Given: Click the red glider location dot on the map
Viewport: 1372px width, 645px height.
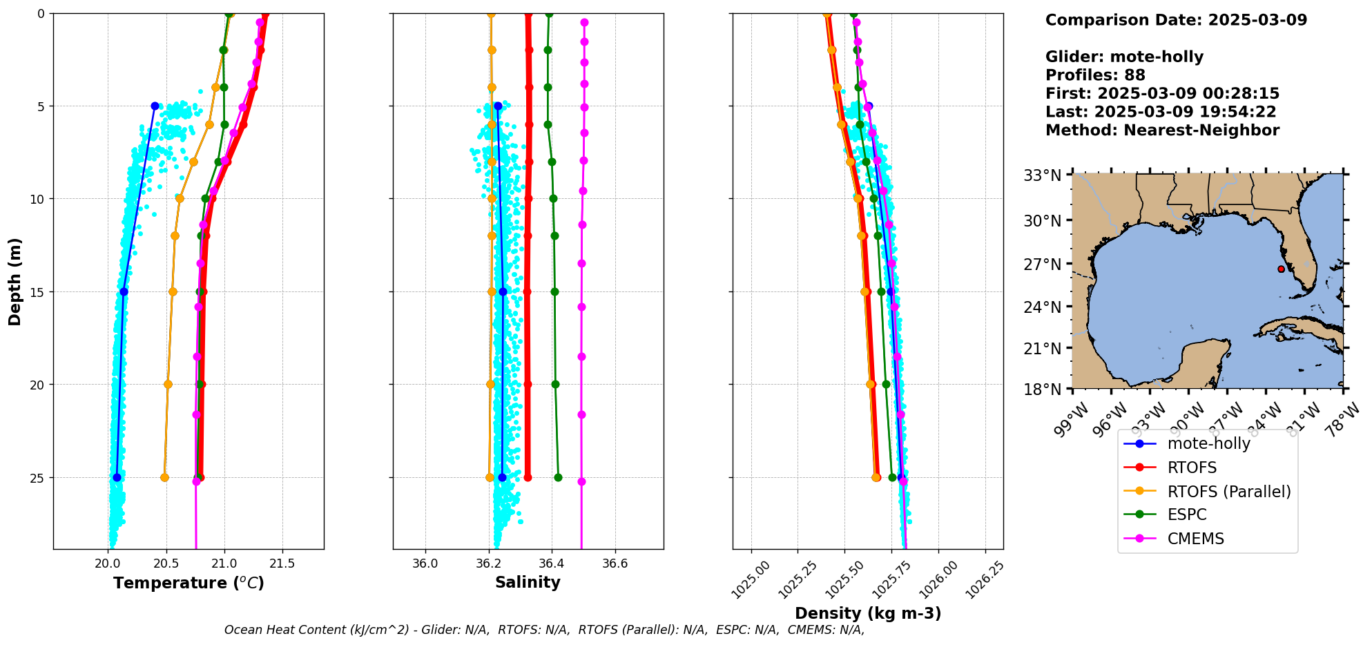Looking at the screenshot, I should (1281, 269).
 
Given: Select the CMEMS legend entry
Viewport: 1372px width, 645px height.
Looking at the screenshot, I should (1195, 539).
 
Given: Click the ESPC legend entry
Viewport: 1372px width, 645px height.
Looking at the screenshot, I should (1187, 514).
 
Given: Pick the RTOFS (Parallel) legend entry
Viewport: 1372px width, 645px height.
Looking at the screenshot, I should (1228, 491).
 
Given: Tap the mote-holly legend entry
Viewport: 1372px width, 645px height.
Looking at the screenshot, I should (1208, 443).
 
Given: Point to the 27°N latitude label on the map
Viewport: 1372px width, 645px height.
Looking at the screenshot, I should (1042, 264).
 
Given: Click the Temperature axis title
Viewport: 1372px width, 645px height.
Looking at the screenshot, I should (189, 583).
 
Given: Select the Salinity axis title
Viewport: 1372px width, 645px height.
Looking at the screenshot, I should (528, 582).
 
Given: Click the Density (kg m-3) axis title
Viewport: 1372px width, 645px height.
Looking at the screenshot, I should (868, 613).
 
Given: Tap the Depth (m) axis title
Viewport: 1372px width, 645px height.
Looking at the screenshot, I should (15, 281).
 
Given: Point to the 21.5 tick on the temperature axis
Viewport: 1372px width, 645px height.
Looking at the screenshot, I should (282, 564).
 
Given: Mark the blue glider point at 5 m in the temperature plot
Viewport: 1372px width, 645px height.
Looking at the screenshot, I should (155, 106).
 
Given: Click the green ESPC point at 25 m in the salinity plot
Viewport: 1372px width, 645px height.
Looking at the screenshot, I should (558, 477).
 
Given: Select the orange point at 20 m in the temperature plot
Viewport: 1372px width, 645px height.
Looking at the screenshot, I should (168, 384).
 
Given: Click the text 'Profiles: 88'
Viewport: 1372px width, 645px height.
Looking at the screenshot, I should (1095, 75).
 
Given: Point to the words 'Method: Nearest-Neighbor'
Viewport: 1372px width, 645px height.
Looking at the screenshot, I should (1162, 130).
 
